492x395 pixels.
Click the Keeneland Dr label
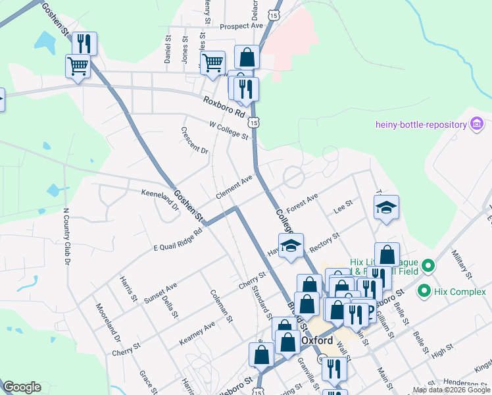[x=160, y=199]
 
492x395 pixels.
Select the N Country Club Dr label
[x=66, y=236]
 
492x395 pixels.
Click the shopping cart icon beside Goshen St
[x=78, y=66]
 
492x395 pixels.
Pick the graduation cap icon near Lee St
[x=385, y=207]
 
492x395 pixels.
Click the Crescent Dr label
[x=195, y=140]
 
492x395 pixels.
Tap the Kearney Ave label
[x=197, y=334]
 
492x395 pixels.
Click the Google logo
[x=22, y=387]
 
